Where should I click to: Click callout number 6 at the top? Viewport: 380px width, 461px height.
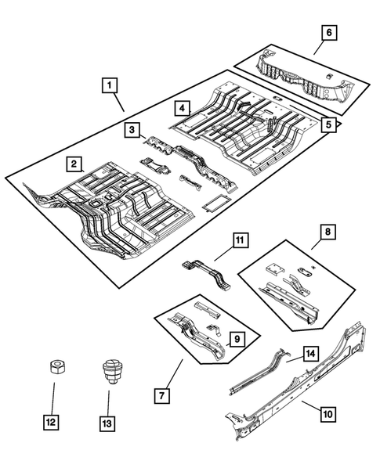click(329, 32)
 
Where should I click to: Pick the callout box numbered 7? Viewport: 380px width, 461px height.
click(162, 396)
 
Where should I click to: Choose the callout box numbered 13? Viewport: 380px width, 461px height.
click(107, 423)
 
